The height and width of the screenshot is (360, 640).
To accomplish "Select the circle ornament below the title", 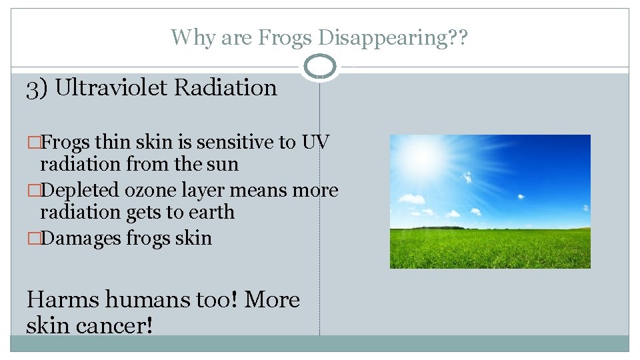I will coord(320,67).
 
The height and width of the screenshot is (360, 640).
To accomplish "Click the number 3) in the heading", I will coord(37,88).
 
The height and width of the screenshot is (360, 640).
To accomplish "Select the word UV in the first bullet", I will coord(316,143).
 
